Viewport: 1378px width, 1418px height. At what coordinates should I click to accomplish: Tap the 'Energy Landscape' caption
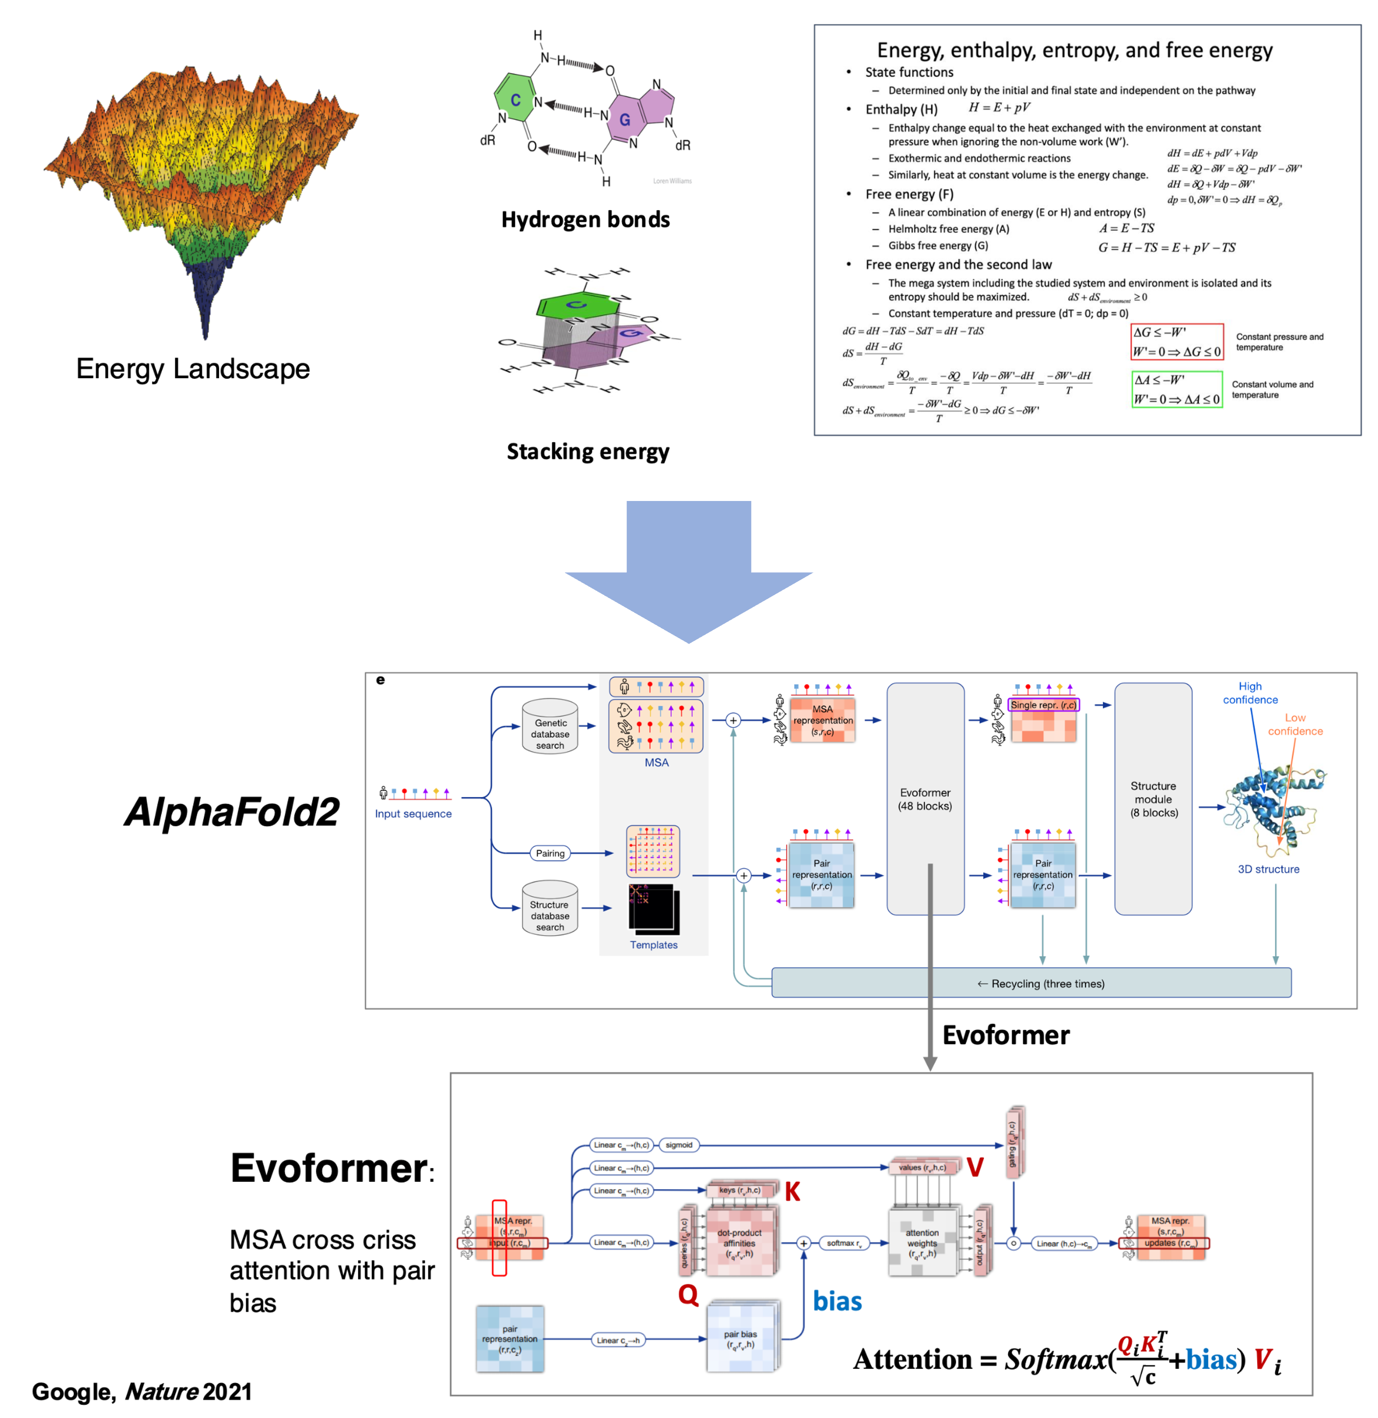pyautogui.click(x=193, y=369)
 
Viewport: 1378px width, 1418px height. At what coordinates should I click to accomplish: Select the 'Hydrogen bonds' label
pyautogui.click(x=586, y=219)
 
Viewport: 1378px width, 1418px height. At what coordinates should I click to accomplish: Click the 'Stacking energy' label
pyautogui.click(x=588, y=451)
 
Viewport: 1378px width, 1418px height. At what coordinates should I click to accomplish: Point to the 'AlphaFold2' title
pyautogui.click(x=231, y=812)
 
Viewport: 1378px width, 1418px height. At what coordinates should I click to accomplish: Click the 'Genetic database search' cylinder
pyautogui.click(x=550, y=727)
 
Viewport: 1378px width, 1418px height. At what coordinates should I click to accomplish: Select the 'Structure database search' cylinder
pyautogui.click(x=550, y=910)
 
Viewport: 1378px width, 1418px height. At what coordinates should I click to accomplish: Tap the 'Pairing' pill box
pyautogui.click(x=550, y=854)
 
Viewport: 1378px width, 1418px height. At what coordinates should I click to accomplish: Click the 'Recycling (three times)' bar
pyautogui.click(x=1031, y=983)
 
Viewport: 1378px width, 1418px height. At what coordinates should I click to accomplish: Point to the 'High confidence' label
pyautogui.click(x=1250, y=693)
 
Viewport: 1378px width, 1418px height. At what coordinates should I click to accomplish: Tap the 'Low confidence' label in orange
pyautogui.click(x=1295, y=724)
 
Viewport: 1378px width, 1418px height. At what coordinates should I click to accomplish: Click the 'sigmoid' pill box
pyautogui.click(x=679, y=1145)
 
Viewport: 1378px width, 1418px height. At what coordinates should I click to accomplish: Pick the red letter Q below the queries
pyautogui.click(x=688, y=1294)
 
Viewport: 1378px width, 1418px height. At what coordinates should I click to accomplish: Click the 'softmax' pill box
pyautogui.click(x=844, y=1243)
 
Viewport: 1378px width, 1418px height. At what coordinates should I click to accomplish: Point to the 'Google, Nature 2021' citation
pyautogui.click(x=142, y=1391)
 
